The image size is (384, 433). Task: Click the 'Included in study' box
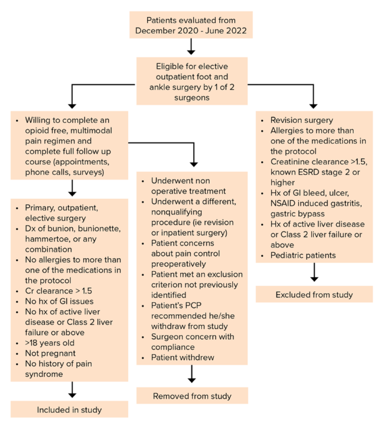click(70, 409)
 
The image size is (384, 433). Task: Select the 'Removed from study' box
click(192, 395)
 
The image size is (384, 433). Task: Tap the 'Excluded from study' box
click(314, 294)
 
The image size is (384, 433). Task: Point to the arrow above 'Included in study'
click(72, 388)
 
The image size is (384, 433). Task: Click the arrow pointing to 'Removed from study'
click(193, 374)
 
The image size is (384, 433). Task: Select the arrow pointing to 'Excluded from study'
click(315, 272)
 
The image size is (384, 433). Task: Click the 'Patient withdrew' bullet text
click(184, 358)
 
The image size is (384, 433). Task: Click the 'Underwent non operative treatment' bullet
click(185, 185)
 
